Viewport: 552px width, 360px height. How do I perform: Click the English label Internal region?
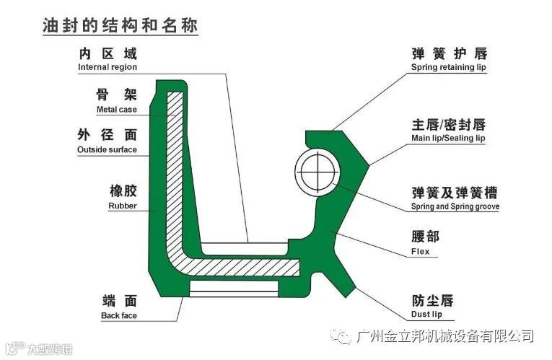tap(108, 67)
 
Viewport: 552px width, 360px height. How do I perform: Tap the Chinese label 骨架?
tap(116, 95)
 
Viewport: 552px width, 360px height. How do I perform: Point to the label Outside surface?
tap(107, 150)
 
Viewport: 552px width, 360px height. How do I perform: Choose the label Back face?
tap(119, 316)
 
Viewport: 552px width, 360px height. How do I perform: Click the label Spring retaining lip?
tap(449, 67)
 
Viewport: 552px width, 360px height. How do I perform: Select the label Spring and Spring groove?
tap(455, 206)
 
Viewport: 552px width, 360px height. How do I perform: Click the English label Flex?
tap(420, 252)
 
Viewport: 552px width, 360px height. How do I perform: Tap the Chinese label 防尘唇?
tap(432, 300)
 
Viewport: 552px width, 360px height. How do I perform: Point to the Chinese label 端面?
tap(120, 301)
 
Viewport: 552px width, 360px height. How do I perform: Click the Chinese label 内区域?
tap(108, 53)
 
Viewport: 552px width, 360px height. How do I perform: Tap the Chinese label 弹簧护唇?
tap(449, 53)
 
